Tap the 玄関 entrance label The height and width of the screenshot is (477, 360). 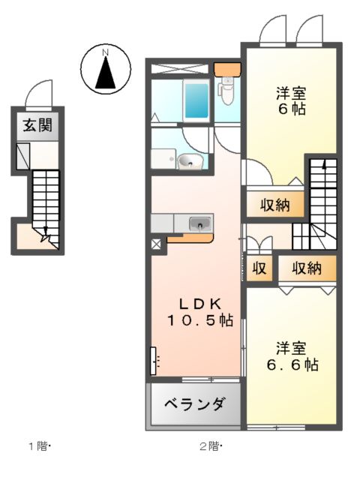34,125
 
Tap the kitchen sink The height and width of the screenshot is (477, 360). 200,223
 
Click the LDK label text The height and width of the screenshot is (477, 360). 199,304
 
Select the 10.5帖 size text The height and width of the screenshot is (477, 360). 199,320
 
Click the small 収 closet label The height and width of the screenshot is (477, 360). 259,268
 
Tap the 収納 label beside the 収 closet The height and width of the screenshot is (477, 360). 306,268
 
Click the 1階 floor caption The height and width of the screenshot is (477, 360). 38,447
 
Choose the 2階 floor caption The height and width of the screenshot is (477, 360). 209,447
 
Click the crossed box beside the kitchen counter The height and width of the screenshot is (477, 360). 156,244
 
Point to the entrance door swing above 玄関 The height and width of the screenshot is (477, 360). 37,94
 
